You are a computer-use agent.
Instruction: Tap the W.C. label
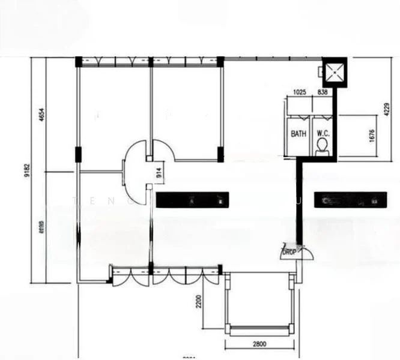pyautogui.click(x=323, y=134)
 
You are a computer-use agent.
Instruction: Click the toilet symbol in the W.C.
pyautogui.click(x=323, y=146)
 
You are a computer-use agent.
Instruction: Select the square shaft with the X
pyautogui.click(x=334, y=72)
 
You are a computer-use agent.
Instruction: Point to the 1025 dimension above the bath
pyautogui.click(x=300, y=92)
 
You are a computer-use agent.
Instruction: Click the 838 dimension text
pyautogui.click(x=323, y=92)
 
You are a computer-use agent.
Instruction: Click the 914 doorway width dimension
pyautogui.click(x=159, y=173)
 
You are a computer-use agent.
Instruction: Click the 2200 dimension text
pyautogui.click(x=198, y=301)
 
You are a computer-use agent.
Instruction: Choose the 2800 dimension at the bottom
pyautogui.click(x=259, y=344)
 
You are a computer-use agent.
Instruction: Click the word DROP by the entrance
pyautogui.click(x=289, y=253)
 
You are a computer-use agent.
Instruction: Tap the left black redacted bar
pyautogui.click(x=192, y=200)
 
